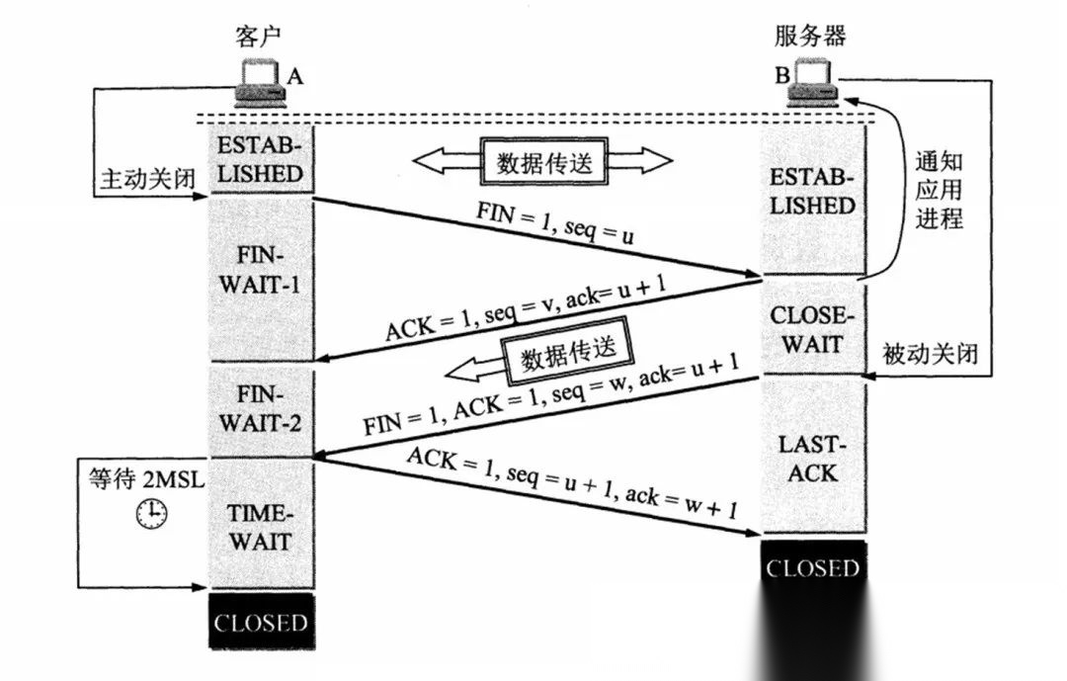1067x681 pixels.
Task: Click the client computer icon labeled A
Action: point(260,84)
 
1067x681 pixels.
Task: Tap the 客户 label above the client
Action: point(259,38)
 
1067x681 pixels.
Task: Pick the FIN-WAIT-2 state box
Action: point(260,409)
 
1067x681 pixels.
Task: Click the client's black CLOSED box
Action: point(261,623)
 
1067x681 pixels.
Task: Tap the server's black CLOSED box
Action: point(813,568)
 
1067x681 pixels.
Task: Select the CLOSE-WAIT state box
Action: point(813,330)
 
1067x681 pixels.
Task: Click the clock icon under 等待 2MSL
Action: point(151,512)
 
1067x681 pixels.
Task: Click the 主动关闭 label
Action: point(145,179)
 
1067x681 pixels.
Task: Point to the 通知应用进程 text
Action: point(938,191)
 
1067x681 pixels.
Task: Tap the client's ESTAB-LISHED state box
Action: point(260,159)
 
